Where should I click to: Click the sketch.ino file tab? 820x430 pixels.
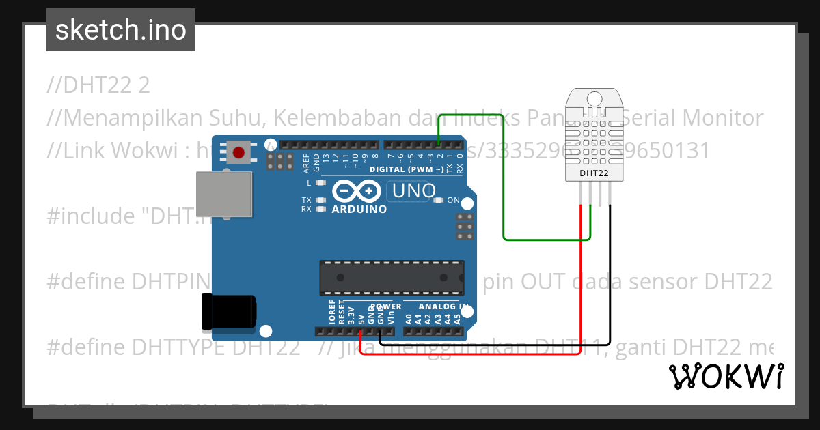[x=121, y=30]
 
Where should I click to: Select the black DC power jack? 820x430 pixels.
[x=229, y=313]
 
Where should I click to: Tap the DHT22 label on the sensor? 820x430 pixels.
[x=594, y=173]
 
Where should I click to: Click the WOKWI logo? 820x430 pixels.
[x=726, y=376]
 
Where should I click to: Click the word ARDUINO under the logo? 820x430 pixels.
[x=359, y=210]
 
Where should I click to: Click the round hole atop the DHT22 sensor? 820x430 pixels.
[x=594, y=99]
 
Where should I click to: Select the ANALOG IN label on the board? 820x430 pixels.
[x=443, y=306]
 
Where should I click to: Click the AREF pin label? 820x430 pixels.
[x=306, y=162]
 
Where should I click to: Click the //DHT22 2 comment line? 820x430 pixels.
[x=98, y=85]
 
